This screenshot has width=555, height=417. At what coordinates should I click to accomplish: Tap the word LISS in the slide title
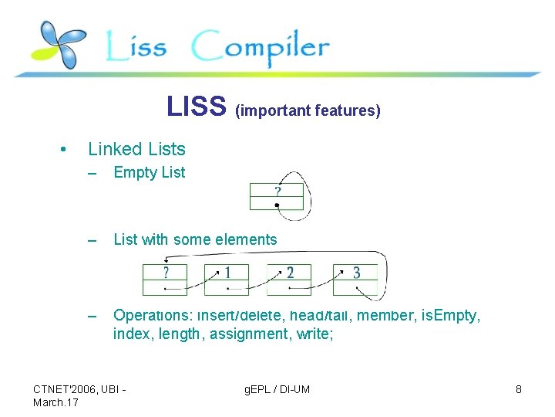click(197, 107)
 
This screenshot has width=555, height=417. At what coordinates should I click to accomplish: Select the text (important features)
click(308, 110)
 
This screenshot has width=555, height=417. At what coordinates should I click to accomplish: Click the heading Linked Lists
click(136, 149)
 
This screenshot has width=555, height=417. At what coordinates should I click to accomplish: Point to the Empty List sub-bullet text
click(150, 173)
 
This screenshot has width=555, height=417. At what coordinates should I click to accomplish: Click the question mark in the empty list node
click(277, 191)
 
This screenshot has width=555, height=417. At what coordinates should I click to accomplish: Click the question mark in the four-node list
click(165, 272)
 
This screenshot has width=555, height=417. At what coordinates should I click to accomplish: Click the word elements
click(250, 239)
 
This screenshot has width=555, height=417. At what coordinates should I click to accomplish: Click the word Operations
click(151, 315)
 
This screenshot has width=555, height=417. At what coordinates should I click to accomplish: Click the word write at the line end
click(314, 334)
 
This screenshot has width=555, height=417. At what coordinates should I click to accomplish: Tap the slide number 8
click(518, 389)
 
